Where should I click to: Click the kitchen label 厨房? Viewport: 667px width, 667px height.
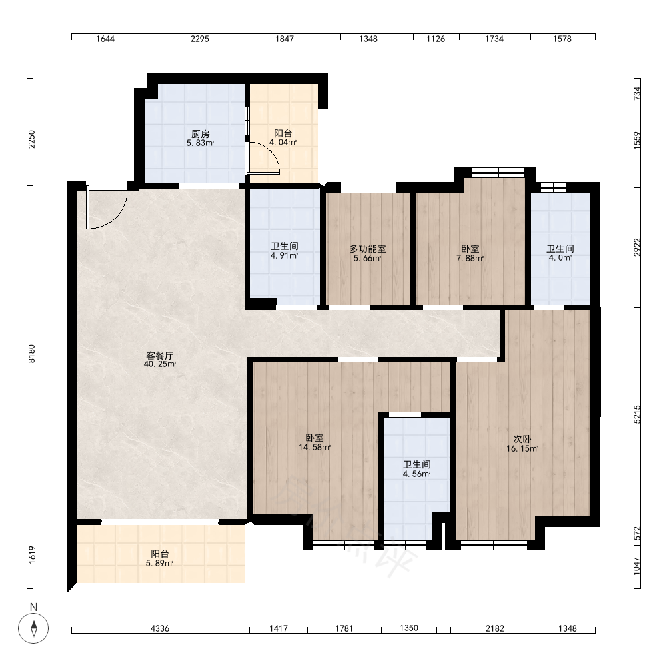pyautogui.click(x=200, y=135)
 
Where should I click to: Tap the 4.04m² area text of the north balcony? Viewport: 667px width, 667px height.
pyautogui.click(x=283, y=143)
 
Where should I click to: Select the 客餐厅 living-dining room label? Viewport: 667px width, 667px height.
pyautogui.click(x=160, y=356)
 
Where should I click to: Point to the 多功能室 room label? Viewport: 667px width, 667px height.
pyautogui.click(x=368, y=249)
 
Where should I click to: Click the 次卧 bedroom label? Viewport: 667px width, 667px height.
pyautogui.click(x=522, y=439)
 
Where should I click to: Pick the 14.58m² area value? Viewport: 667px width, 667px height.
pyautogui.click(x=315, y=447)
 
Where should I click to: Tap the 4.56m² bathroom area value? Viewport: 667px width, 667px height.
pyautogui.click(x=417, y=474)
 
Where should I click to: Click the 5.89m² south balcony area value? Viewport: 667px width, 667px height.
pyautogui.click(x=159, y=563)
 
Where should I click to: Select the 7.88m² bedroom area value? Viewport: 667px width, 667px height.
pyautogui.click(x=470, y=258)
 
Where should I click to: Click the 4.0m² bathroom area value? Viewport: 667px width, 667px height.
pyautogui.click(x=560, y=257)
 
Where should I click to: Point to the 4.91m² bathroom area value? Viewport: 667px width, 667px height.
pyautogui.click(x=285, y=255)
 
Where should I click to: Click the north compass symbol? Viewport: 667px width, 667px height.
pyautogui.click(x=33, y=628)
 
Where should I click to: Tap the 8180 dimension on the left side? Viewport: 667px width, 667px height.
pyautogui.click(x=32, y=354)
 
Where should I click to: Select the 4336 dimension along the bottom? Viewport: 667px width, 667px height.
pyautogui.click(x=160, y=628)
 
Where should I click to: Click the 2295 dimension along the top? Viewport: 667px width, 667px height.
pyautogui.click(x=200, y=39)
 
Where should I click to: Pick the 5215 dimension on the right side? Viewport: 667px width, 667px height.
pyautogui.click(x=637, y=414)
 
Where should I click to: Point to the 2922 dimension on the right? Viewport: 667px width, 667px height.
pyautogui.click(x=637, y=247)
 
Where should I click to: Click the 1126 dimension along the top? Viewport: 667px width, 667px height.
pyautogui.click(x=436, y=39)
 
